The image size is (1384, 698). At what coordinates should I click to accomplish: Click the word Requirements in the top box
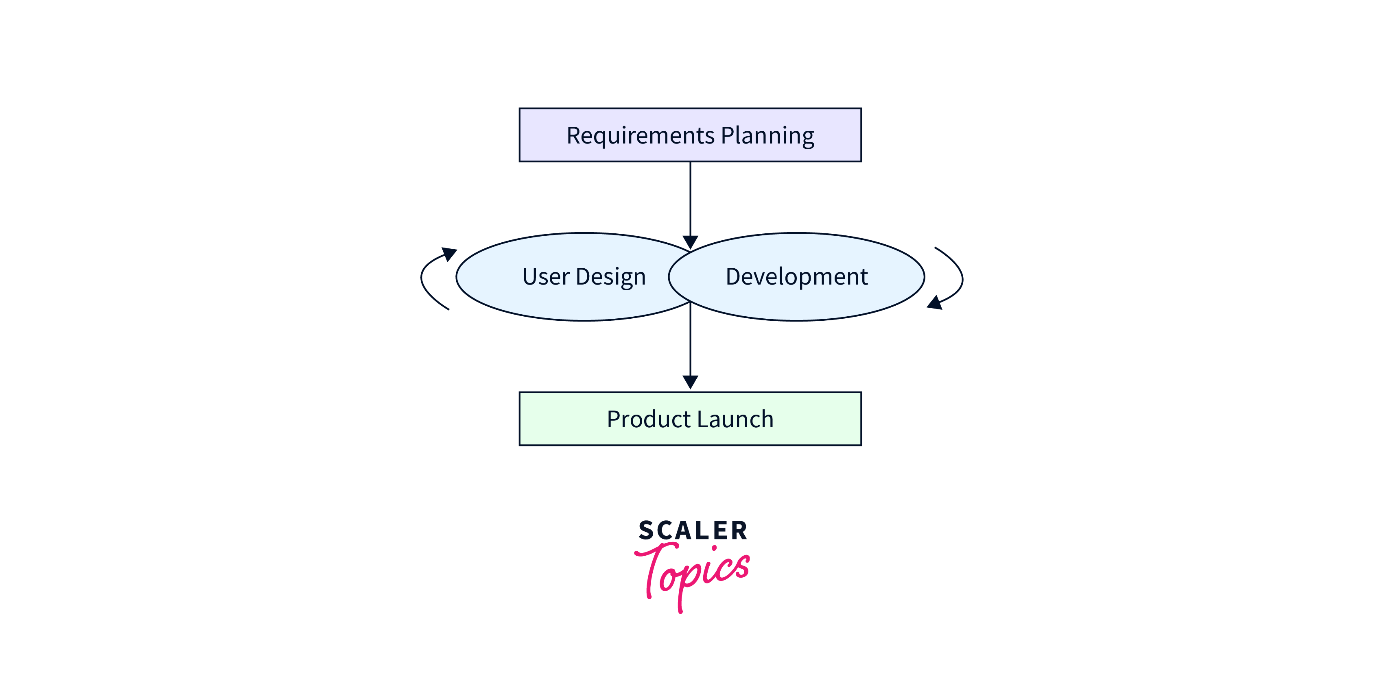(641, 136)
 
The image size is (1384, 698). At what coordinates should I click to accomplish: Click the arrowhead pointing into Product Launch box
(691, 382)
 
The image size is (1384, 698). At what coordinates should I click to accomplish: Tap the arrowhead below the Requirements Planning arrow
(691, 242)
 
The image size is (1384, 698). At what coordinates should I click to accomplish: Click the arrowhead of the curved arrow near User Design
(449, 253)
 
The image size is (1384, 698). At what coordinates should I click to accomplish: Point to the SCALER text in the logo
(693, 531)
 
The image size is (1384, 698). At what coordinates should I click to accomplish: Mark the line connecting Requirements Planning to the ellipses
(691, 199)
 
